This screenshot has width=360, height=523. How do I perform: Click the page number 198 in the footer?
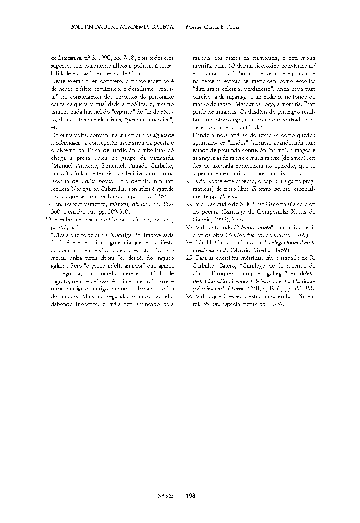[x=191, y=496]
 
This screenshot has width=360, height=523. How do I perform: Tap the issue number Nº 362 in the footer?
[x=165, y=496]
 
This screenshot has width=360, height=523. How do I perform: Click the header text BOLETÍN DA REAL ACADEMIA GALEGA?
[x=121, y=27]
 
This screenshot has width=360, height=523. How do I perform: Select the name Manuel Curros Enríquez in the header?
[x=212, y=27]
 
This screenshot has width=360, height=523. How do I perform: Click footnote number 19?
[x=47, y=204]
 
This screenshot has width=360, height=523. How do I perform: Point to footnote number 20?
[x=47, y=220]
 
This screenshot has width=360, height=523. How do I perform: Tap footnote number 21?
[x=189, y=181]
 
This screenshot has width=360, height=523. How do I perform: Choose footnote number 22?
[x=189, y=204]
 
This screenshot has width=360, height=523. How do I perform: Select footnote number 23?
[x=189, y=227]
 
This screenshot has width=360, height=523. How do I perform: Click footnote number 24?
[x=189, y=242]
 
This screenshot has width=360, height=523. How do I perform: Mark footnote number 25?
[x=189, y=258]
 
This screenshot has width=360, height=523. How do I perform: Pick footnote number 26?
[x=189, y=296]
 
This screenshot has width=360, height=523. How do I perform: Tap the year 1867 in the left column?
[x=161, y=196]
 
